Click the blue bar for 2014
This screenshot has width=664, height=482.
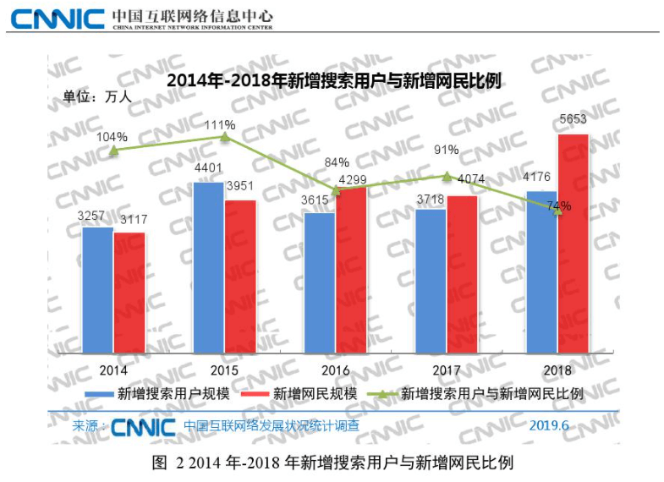click(x=97, y=290)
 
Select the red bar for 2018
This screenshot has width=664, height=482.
click(x=573, y=244)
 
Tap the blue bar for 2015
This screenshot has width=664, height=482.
click(x=208, y=268)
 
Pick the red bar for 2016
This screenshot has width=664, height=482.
click(x=352, y=270)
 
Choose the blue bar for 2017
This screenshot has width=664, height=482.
click(x=431, y=281)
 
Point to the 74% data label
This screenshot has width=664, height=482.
click(x=558, y=205)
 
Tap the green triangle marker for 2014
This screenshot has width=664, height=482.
click(x=113, y=150)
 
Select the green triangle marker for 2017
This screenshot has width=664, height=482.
click(x=447, y=176)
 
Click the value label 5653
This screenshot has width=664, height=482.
click(x=573, y=119)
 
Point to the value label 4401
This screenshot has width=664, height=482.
click(x=208, y=167)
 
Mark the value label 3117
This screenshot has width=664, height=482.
click(x=129, y=220)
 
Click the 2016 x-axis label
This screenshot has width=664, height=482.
click(x=336, y=370)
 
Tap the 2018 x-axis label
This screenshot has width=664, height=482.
click(x=557, y=370)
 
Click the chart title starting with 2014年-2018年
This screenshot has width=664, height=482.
click(x=335, y=81)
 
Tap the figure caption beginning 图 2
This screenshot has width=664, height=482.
click(x=332, y=463)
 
